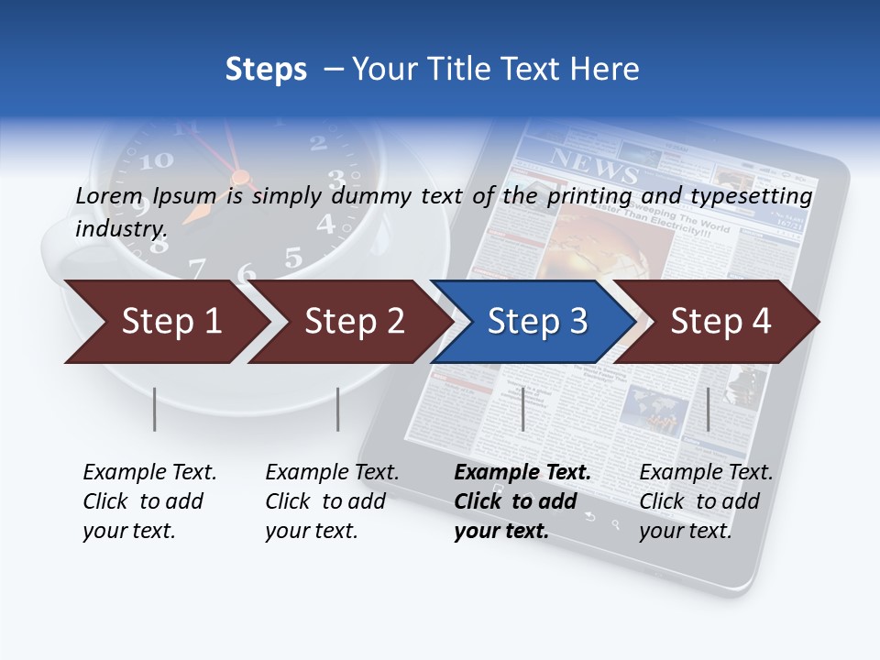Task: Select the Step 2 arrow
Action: pyautogui.click(x=354, y=322)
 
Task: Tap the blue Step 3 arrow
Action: pyautogui.click(x=537, y=322)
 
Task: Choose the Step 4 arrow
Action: pyautogui.click(x=720, y=322)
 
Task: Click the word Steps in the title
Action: pyautogui.click(x=266, y=70)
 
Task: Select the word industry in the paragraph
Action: pyautogui.click(x=120, y=228)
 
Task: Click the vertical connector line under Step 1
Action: pyautogui.click(x=155, y=409)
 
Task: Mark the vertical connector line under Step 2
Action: pyautogui.click(x=338, y=409)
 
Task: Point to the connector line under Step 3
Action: pyautogui.click(x=522, y=409)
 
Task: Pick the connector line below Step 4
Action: pyautogui.click(x=708, y=409)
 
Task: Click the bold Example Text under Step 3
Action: pyautogui.click(x=522, y=473)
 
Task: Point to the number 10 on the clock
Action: pyautogui.click(x=157, y=160)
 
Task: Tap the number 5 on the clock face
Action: pyautogui.click(x=292, y=258)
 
